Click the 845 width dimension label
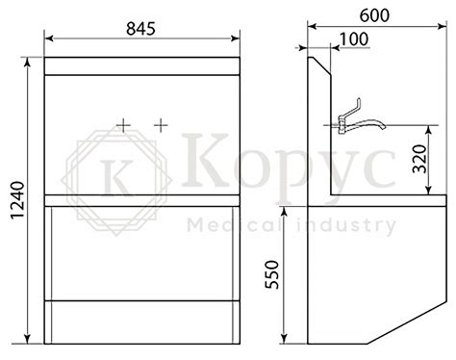[x=140, y=29]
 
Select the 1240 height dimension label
[x=17, y=200]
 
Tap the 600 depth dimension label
[x=374, y=15]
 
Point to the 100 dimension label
[x=354, y=39]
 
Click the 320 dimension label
[x=419, y=159]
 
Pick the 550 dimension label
[x=272, y=274]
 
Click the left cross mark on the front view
[x=123, y=125]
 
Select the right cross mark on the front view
[x=161, y=125]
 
